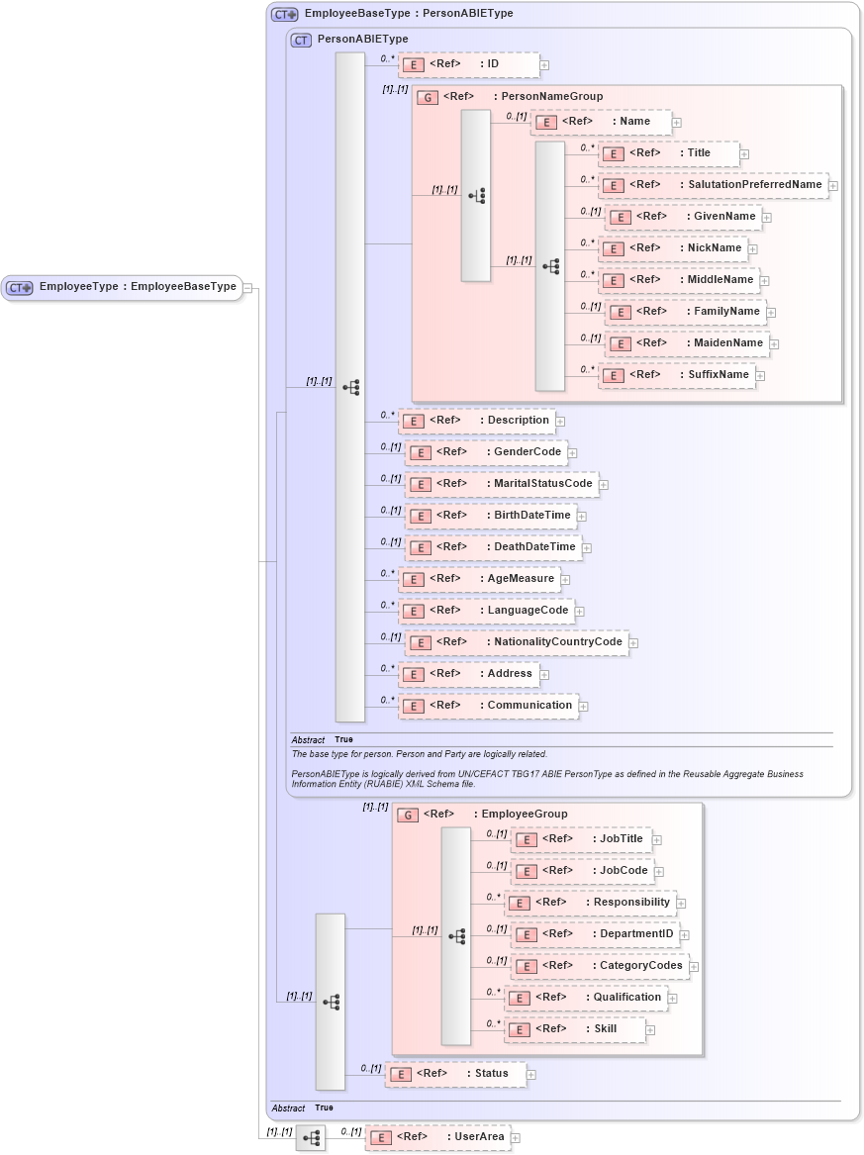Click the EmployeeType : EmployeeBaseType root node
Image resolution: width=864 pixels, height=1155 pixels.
tap(123, 287)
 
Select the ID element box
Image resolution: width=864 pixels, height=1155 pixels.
tap(469, 64)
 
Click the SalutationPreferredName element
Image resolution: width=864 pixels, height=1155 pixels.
tap(713, 185)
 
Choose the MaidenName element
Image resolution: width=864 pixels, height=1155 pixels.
tap(687, 343)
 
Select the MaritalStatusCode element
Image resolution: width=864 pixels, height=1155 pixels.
tap(503, 484)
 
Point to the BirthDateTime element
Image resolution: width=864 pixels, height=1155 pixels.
tap(492, 516)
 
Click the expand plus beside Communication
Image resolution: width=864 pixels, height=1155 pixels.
tap(584, 707)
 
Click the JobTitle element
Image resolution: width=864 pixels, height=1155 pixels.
tap(581, 839)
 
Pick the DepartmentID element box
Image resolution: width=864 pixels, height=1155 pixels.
tap(595, 934)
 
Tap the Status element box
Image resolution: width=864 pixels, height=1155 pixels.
tap(456, 1074)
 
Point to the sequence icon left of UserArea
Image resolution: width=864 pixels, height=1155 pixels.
tap(311, 1138)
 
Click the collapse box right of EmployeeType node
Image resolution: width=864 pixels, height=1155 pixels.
tap(248, 288)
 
